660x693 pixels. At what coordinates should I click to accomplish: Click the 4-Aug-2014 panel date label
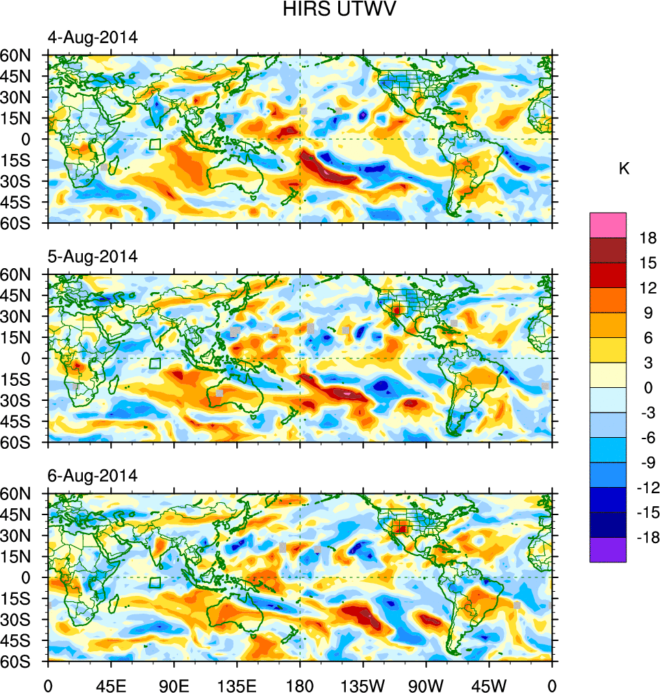click(92, 38)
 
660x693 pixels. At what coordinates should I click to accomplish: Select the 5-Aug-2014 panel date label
click(92, 257)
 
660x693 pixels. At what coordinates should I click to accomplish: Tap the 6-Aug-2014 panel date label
click(92, 475)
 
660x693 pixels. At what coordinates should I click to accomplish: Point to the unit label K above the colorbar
click(624, 169)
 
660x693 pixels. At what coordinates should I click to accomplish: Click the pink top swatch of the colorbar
click(607, 224)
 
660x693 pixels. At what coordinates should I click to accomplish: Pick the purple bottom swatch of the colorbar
click(607, 549)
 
